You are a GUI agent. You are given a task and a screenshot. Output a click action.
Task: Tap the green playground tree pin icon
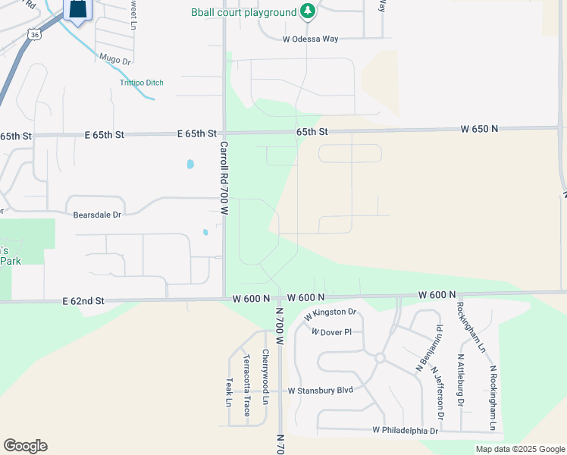point(307,11)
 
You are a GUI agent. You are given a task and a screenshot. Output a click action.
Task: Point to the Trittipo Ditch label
point(141,83)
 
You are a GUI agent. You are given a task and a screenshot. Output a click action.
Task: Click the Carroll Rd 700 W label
point(224,178)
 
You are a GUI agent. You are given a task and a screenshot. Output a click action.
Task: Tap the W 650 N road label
point(479,129)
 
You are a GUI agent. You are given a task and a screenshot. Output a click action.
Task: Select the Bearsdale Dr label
point(97,215)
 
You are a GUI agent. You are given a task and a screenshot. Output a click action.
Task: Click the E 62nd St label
point(83,301)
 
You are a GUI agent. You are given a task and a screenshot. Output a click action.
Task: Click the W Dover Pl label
point(331,332)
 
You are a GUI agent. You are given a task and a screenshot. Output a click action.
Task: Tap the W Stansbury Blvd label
point(321,391)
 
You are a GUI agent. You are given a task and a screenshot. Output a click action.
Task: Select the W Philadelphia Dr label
point(406,430)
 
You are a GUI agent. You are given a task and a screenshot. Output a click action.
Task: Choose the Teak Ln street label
point(229,392)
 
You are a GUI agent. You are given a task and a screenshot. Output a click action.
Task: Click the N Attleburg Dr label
point(460,379)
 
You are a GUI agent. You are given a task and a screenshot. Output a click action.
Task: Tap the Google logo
point(25,446)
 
